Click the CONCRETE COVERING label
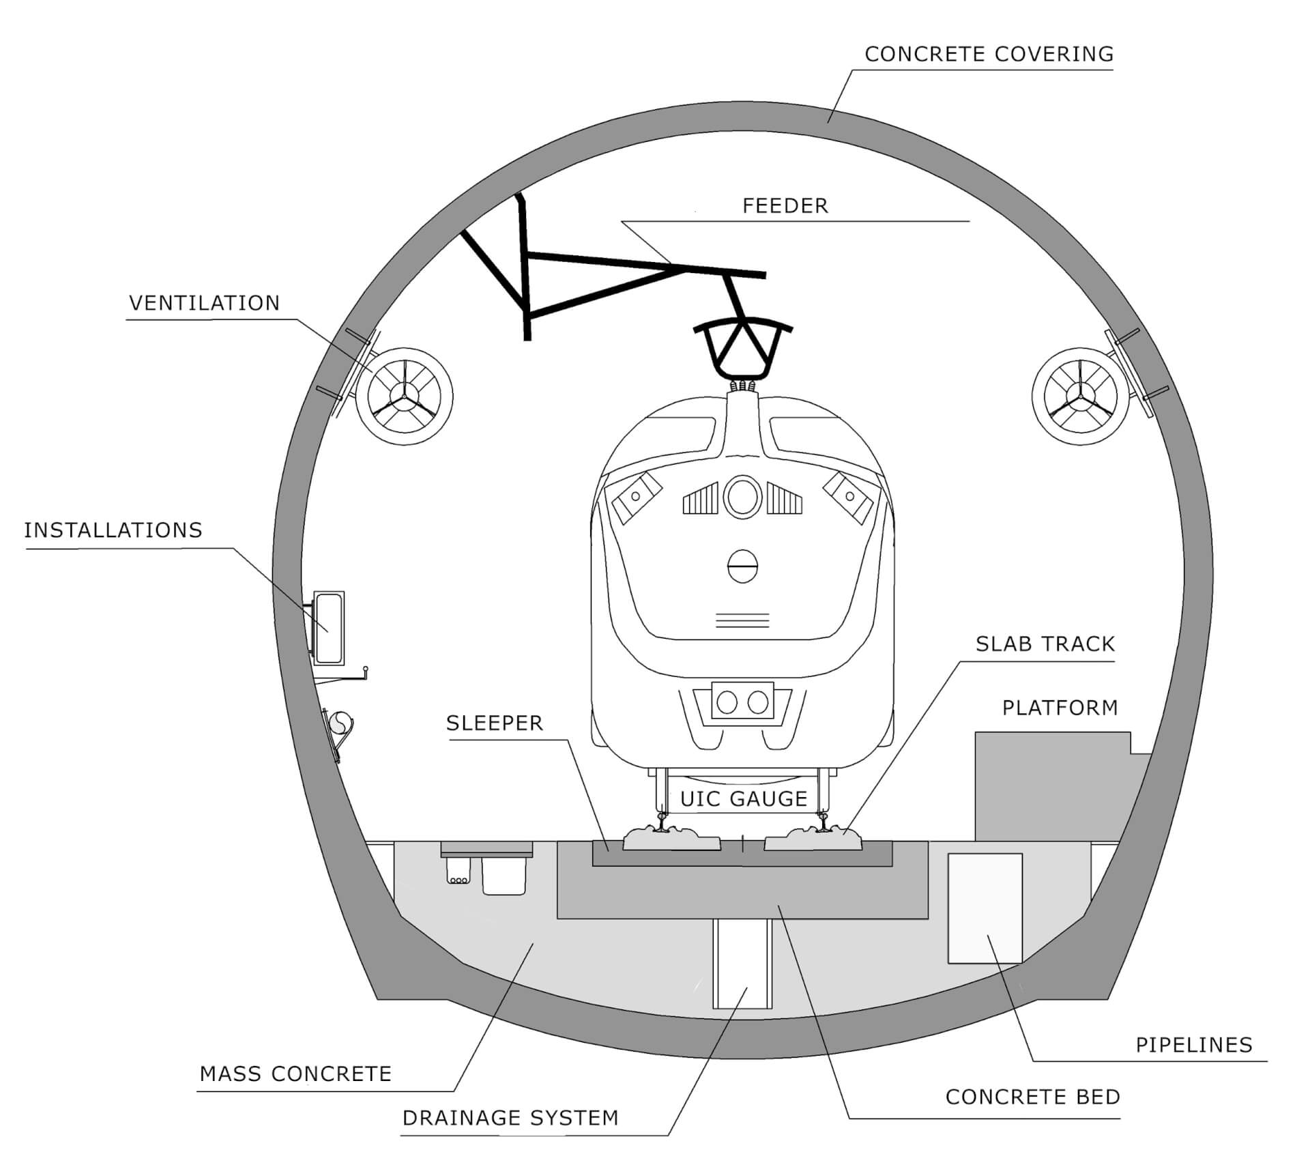pos(989,54)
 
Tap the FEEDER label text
pos(785,206)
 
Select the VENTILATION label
pos(205,303)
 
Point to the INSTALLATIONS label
pos(113,530)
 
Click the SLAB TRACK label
pos(1045,644)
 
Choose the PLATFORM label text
pos(1060,708)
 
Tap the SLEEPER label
pos(494,723)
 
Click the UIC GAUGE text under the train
pos(744,799)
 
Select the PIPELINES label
pos(1194,1045)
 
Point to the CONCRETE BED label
pos(1032,1097)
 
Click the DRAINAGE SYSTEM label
pos(510,1118)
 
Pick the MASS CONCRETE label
pos(295,1074)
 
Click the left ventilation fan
pos(405,396)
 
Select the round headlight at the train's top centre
pos(742,497)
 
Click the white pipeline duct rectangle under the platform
pos(985,908)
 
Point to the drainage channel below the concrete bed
pos(742,963)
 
